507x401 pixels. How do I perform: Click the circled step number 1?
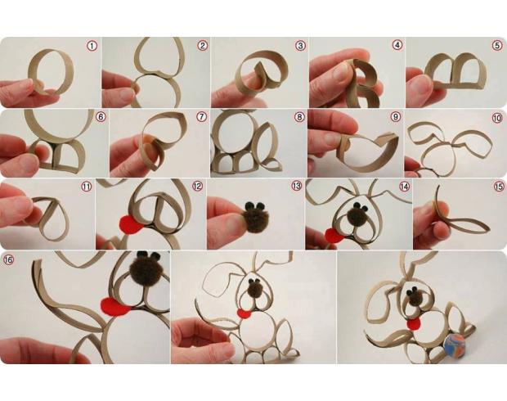click(92, 46)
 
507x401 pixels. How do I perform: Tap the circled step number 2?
click(203, 46)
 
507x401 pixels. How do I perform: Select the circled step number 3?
click(300, 46)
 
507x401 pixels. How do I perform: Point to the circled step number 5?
click(498, 45)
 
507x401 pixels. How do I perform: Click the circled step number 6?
click(101, 117)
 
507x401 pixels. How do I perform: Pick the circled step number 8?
click(299, 117)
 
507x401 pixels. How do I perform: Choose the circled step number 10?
click(497, 118)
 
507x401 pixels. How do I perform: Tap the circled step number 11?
click(87, 187)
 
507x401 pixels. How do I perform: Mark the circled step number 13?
click(297, 186)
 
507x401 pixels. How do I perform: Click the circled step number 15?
click(499, 186)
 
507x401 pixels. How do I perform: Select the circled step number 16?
click(7, 259)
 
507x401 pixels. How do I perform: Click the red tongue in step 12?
click(132, 224)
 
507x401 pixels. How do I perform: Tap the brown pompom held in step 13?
click(256, 217)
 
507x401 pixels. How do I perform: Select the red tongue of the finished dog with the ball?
click(414, 324)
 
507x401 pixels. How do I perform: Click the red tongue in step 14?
click(335, 236)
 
